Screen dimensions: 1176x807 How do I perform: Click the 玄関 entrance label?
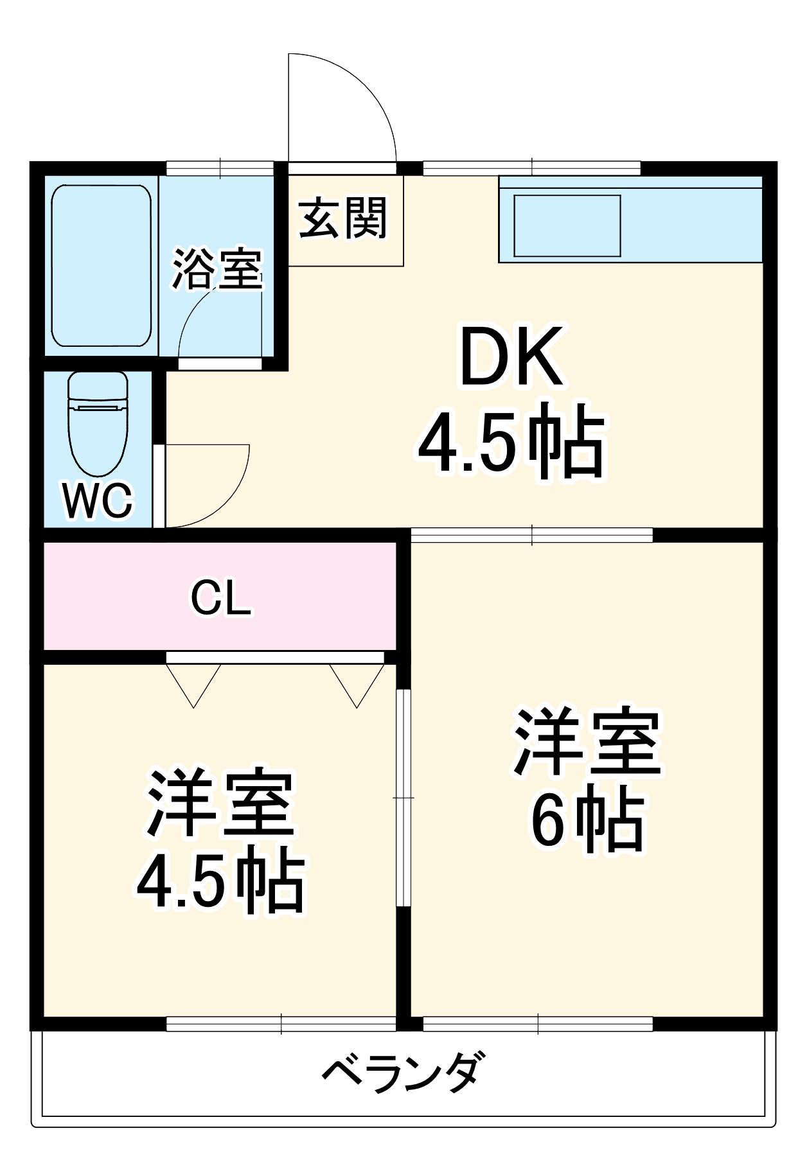pos(344,218)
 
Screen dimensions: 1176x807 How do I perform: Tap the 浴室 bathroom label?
pos(217,268)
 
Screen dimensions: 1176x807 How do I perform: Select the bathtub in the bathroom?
pos(101,265)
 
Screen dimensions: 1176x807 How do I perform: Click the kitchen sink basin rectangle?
pos(567,225)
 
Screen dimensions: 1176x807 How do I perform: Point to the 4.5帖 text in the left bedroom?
pos(220,883)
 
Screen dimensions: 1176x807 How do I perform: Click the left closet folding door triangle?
pos(193,682)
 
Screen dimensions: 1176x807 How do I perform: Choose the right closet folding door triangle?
pos(357,682)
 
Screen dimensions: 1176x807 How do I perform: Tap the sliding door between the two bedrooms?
pos(403,796)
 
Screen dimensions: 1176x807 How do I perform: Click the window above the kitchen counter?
pos(531,168)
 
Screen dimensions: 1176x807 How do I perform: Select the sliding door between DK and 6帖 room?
pos(531,534)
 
